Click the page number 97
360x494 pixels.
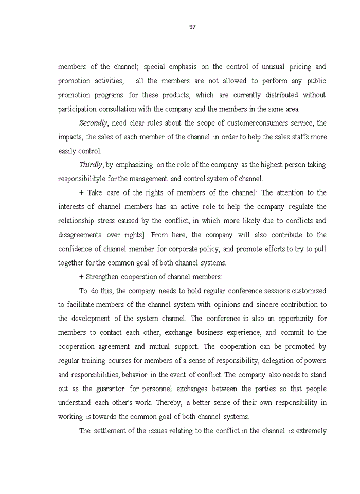click(x=192, y=27)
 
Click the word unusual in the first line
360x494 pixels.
click(x=277, y=67)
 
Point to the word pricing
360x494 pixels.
click(x=303, y=67)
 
